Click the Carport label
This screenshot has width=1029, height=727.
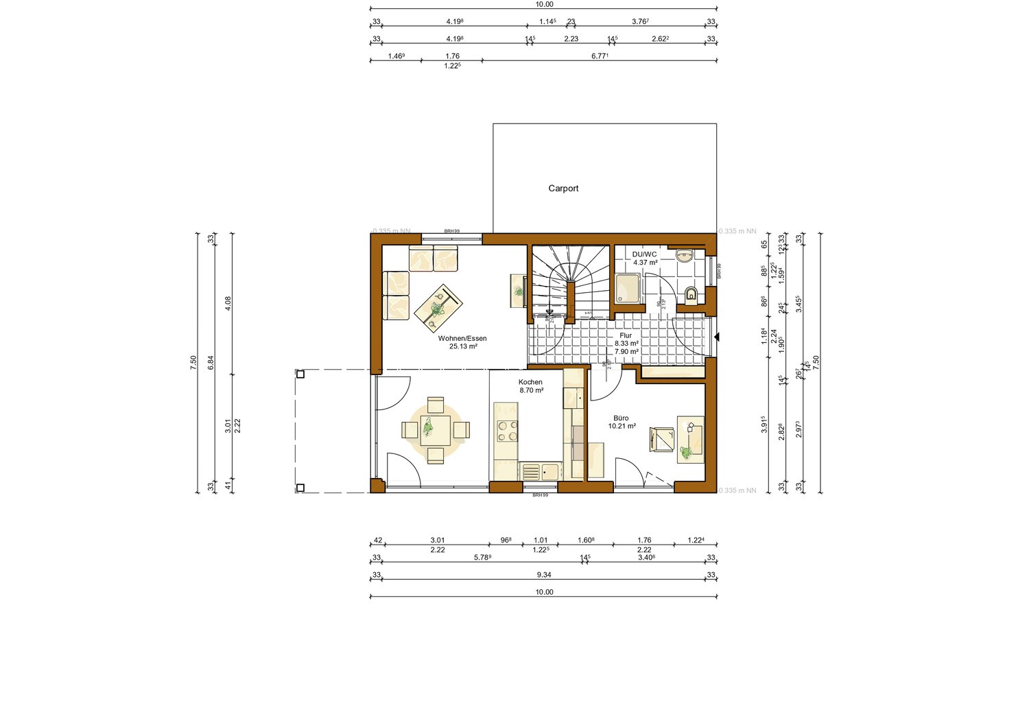pos(563,189)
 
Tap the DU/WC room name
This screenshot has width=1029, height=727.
pos(645,254)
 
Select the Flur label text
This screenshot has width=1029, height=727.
pos(626,335)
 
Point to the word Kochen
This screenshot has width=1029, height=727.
pos(530,382)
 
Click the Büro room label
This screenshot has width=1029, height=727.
pos(621,418)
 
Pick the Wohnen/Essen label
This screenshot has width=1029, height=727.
pos(462,339)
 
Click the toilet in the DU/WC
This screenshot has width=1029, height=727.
pos(691,295)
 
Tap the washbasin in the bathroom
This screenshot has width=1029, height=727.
pos(685,257)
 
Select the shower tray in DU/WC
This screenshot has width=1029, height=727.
pos(628,288)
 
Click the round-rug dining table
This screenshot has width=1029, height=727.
pos(436,430)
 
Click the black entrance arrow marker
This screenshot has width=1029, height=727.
pos(717,337)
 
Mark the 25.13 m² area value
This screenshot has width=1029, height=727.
pos(462,347)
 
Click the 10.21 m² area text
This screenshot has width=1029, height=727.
pos(622,426)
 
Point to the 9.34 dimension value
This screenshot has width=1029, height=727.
pos(543,575)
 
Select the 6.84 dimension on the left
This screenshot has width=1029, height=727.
pos(211,363)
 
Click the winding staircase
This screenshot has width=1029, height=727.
pos(570,281)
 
